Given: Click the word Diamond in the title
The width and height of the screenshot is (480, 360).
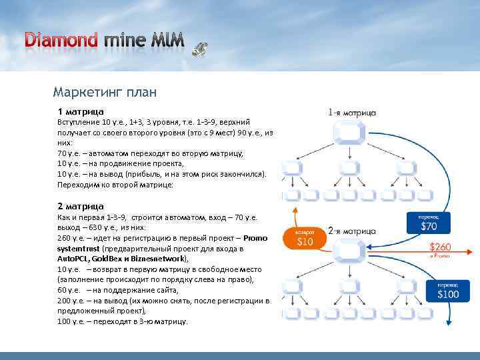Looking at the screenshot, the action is coord(61,39).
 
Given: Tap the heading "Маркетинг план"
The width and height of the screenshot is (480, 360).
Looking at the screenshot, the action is coord(105,91).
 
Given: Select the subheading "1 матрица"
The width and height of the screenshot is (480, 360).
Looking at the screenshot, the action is coord(80,111).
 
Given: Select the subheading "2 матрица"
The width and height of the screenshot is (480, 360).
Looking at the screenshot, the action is coord(80,206).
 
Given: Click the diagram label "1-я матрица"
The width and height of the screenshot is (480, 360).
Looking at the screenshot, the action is coord(352,113).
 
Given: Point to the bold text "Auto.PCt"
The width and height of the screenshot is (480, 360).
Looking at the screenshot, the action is coord(73,259).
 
